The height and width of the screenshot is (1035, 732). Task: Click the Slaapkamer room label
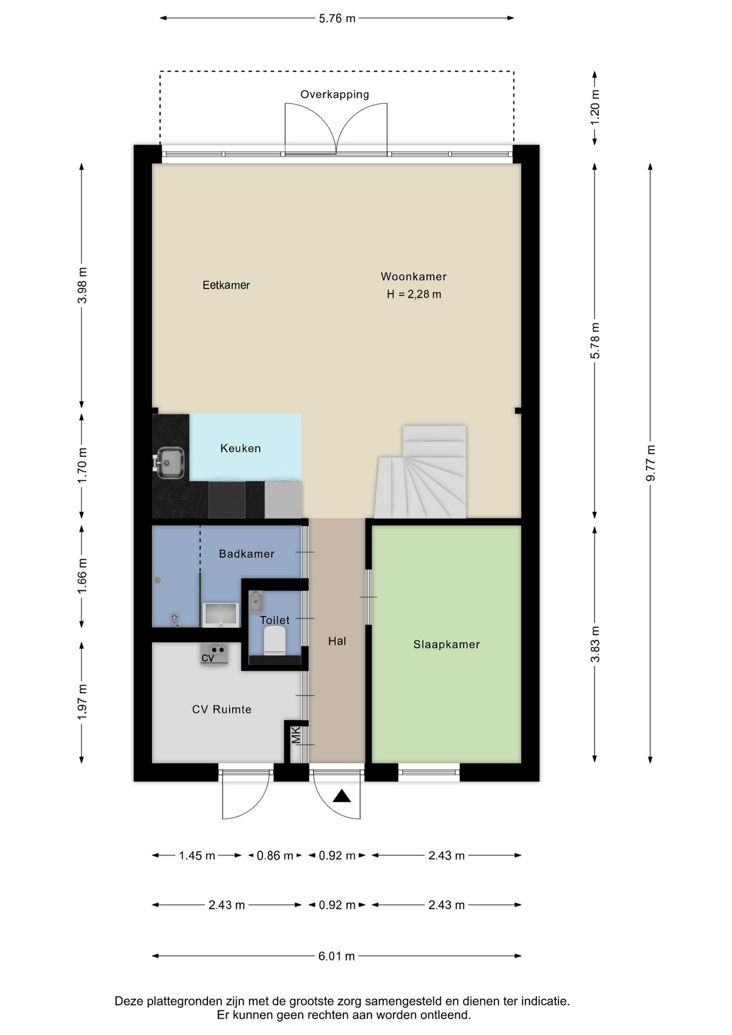pos(446,644)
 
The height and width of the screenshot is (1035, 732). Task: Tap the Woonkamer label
pos(413,277)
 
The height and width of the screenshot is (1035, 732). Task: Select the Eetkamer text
pos(226,285)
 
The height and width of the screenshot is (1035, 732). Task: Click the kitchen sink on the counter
pos(170,463)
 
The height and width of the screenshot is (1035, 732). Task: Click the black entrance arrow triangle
pos(342,796)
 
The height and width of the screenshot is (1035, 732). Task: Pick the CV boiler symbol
pos(214,655)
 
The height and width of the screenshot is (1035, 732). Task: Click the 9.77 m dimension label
pos(651,463)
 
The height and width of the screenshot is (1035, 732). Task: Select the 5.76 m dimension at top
pos(337,18)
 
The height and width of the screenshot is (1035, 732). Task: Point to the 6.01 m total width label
pos(336,956)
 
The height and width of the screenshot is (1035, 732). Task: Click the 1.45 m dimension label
pos(197,855)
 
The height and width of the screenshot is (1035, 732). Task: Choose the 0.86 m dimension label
pos(275,855)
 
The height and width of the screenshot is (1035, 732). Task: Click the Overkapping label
pos(335,94)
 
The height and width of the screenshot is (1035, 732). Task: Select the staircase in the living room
pos(420,472)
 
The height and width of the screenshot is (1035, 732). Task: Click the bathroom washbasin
pos(220,615)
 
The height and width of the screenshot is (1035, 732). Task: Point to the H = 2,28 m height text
pos(414,294)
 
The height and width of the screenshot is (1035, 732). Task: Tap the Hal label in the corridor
pos(337,641)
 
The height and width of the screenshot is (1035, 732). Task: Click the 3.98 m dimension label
pos(82,285)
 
